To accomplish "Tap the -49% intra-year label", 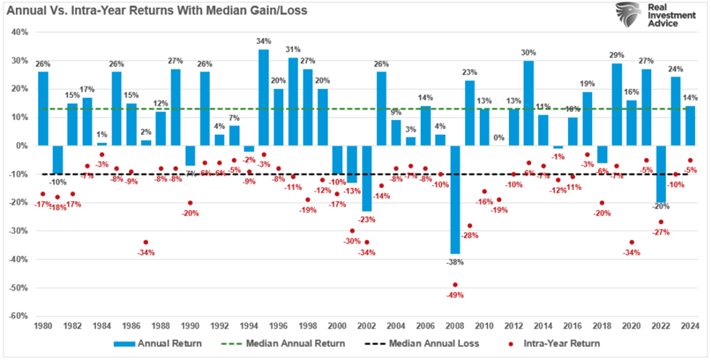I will coord(455,295).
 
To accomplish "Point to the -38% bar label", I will coord(455,261).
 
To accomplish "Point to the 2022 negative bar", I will coord(661,173).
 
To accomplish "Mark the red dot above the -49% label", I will coord(455,285).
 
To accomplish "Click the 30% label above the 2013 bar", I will coord(529,52).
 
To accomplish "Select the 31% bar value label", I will coord(293,50).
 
